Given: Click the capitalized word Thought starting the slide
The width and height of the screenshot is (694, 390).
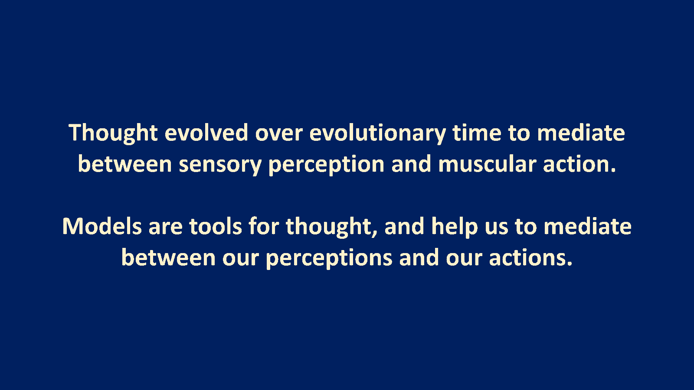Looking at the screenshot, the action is point(113,133).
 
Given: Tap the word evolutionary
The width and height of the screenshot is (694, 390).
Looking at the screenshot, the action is point(378,133).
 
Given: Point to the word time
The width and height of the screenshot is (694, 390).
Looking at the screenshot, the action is point(477,133).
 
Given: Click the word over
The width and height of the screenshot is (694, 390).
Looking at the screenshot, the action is point(279,133).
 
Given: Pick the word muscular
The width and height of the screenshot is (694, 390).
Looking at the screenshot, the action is point(488,164).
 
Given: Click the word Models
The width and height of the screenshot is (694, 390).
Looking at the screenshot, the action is point(102,226).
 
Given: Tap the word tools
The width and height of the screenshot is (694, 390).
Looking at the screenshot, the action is point(215,226).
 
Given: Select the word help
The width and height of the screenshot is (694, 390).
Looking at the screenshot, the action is point(455,227).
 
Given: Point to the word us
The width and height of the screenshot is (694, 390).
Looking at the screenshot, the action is point(496,228).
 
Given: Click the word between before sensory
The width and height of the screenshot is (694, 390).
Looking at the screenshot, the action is point(125,164).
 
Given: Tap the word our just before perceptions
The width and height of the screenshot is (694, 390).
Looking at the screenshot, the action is point(240,260).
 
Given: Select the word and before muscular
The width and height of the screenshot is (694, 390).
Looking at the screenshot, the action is point(411,164).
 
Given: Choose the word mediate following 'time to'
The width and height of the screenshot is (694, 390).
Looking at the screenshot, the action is point(581,133).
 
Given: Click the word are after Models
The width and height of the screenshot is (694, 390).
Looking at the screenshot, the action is point(165,228).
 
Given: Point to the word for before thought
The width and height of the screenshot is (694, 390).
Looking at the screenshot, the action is point(264,226).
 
